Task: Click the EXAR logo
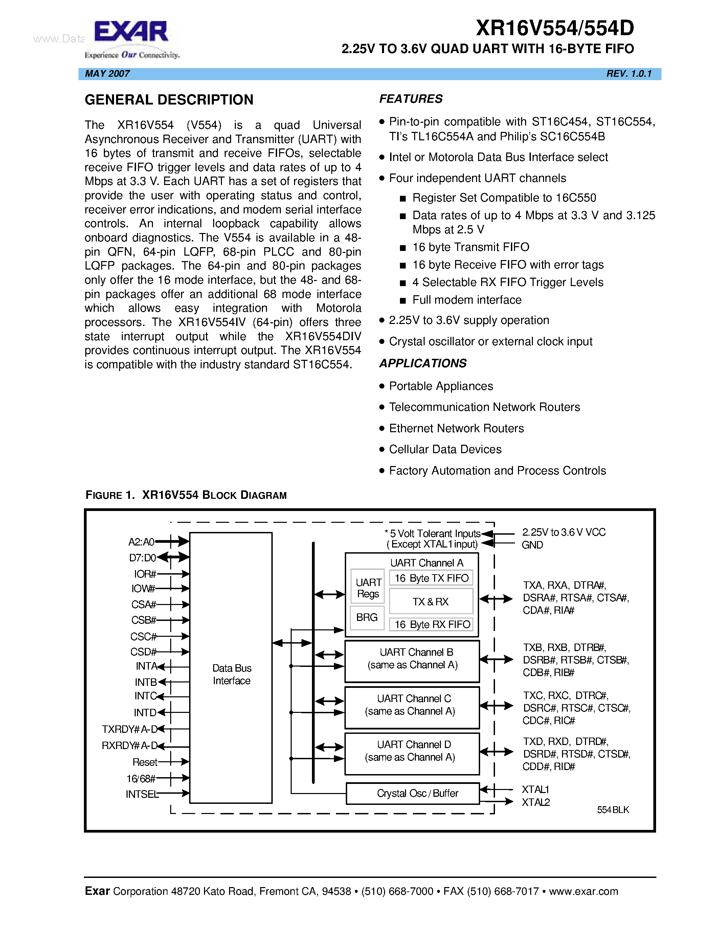pyautogui.click(x=131, y=33)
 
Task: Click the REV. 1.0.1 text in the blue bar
pyautogui.click(x=629, y=74)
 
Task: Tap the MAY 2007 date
pyautogui.click(x=107, y=74)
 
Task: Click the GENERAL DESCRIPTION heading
pyautogui.click(x=169, y=100)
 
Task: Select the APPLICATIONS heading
pyautogui.click(x=423, y=363)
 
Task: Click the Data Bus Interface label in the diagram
pyautogui.click(x=232, y=674)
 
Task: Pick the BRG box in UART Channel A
pyautogui.click(x=367, y=617)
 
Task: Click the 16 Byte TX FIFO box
pyautogui.click(x=431, y=578)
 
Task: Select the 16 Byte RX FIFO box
pyautogui.click(x=431, y=624)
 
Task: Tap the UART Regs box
pyautogui.click(x=368, y=588)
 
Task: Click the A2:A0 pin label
pyautogui.click(x=141, y=542)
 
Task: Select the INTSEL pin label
pyautogui.click(x=142, y=794)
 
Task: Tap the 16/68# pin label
pyautogui.click(x=140, y=778)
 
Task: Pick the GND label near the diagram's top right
pyautogui.click(x=532, y=545)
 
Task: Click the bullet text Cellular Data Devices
pyautogui.click(x=445, y=449)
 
